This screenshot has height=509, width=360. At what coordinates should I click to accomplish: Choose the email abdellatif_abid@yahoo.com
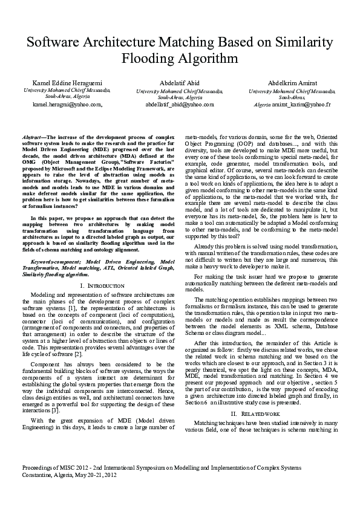[180, 104]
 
